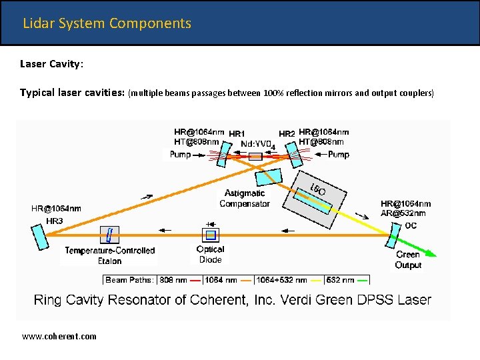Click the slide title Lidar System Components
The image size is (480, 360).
(107, 23)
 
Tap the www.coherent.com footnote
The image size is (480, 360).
(59, 336)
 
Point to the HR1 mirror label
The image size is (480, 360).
(237, 134)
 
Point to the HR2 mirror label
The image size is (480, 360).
(287, 134)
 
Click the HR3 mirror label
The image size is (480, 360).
(55, 221)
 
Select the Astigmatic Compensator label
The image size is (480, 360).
(244, 199)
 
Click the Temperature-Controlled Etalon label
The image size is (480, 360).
(110, 255)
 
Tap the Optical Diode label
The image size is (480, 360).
(210, 254)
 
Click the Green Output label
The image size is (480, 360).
(408, 259)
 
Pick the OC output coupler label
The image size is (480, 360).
(411, 225)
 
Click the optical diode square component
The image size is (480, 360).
(210, 235)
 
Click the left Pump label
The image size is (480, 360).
(180, 155)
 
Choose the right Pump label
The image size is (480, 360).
(338, 155)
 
